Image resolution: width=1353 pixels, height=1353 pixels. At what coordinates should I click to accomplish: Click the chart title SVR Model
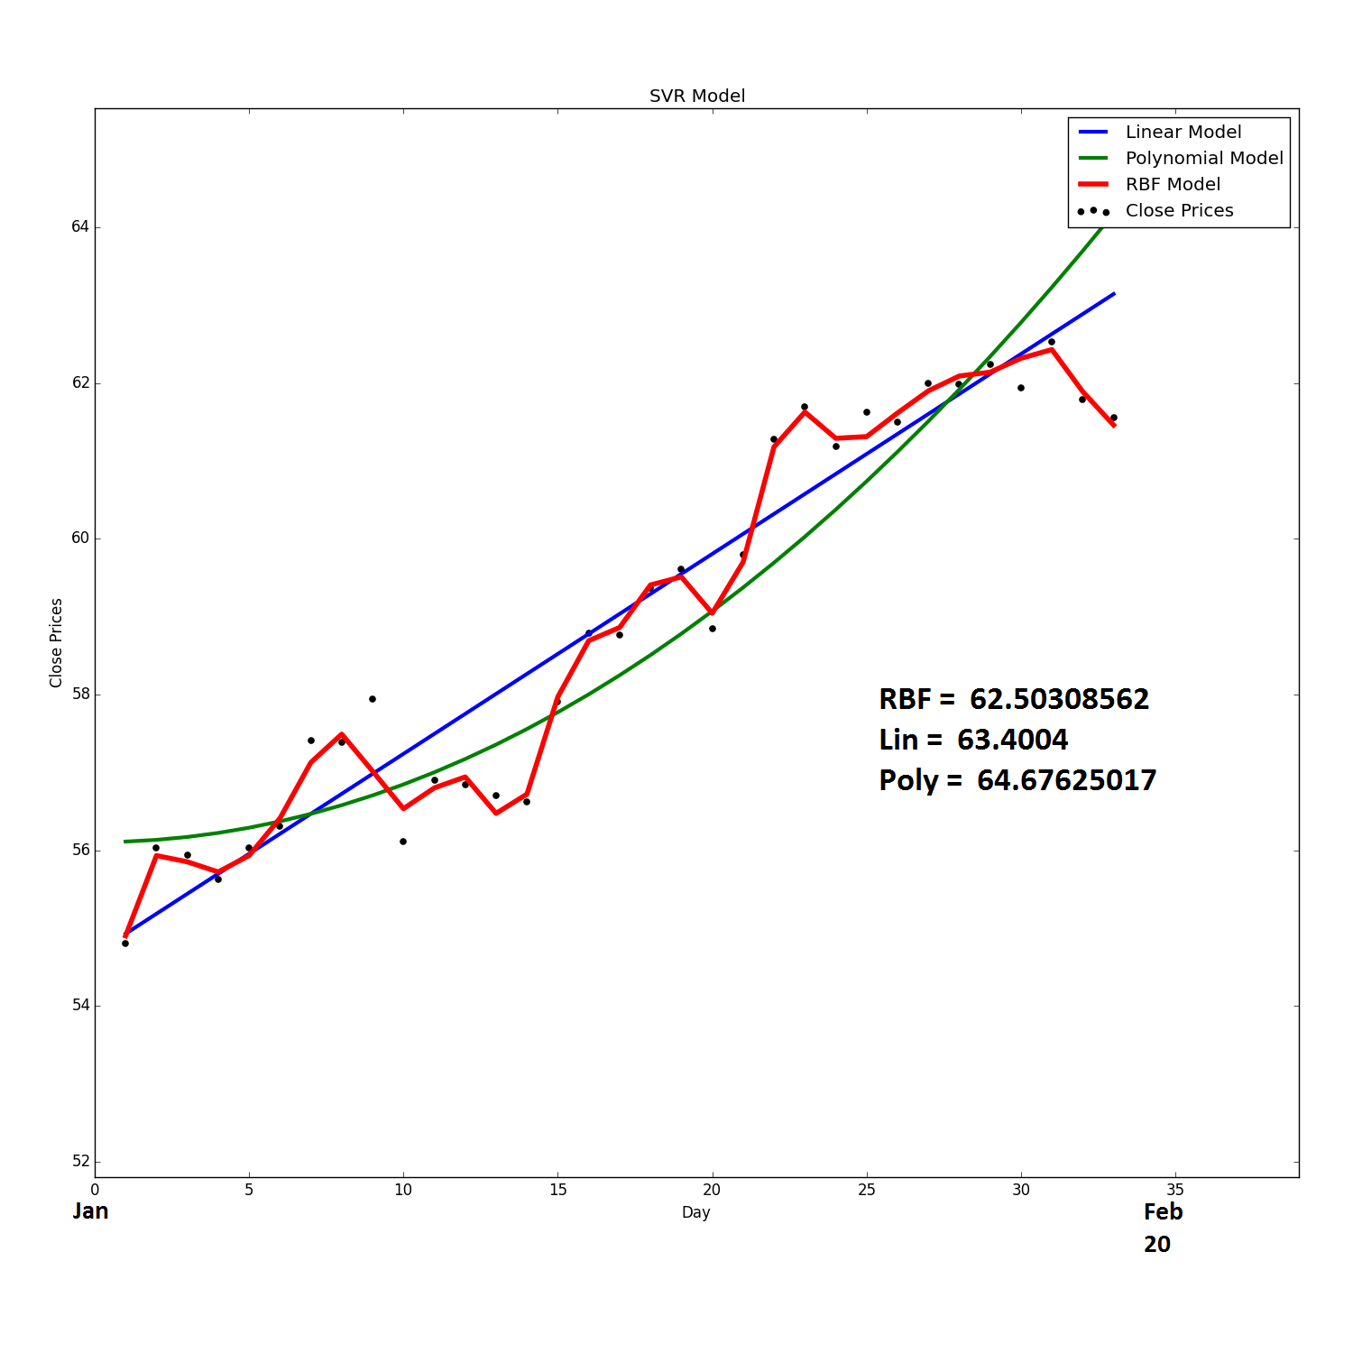pyautogui.click(x=697, y=97)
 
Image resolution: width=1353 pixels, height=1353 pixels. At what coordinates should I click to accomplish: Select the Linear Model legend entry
pyautogui.click(x=1183, y=132)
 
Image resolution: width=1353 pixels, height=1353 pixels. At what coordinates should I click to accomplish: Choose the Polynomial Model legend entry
pyautogui.click(x=1203, y=158)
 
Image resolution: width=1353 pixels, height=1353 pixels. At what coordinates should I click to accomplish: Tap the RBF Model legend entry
pyautogui.click(x=1172, y=184)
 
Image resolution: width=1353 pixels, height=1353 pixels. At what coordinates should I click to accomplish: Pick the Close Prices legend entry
pyautogui.click(x=1179, y=210)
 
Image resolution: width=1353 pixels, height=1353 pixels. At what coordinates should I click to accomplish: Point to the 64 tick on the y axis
pyautogui.click(x=80, y=226)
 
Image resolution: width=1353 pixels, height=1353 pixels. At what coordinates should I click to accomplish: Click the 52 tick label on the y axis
pyautogui.click(x=80, y=1162)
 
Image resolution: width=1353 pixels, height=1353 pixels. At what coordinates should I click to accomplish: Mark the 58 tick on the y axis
pyautogui.click(x=80, y=695)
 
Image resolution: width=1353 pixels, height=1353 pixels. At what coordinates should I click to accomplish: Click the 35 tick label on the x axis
pyautogui.click(x=1175, y=1190)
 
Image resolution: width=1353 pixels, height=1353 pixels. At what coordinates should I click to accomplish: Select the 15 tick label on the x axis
pyautogui.click(x=558, y=1190)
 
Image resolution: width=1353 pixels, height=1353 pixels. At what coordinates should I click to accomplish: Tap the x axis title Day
pyautogui.click(x=695, y=1212)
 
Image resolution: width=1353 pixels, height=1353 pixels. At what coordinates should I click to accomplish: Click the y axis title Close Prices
pyautogui.click(x=56, y=642)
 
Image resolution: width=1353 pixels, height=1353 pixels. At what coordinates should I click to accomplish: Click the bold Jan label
pyautogui.click(x=90, y=1211)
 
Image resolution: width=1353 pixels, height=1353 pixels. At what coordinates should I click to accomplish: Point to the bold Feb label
pyautogui.click(x=1163, y=1212)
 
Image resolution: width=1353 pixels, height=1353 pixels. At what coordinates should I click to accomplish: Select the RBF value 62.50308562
pyautogui.click(x=1059, y=699)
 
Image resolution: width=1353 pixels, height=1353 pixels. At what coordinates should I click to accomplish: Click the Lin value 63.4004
pyautogui.click(x=1012, y=740)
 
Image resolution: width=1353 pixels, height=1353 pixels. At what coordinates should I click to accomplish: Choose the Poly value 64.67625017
pyautogui.click(x=1066, y=780)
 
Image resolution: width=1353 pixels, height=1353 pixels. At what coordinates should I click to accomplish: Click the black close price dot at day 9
pyautogui.click(x=373, y=699)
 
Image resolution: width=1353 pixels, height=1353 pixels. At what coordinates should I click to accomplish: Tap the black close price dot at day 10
pyautogui.click(x=403, y=842)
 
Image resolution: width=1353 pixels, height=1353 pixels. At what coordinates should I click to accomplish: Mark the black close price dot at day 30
pyautogui.click(x=1021, y=388)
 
